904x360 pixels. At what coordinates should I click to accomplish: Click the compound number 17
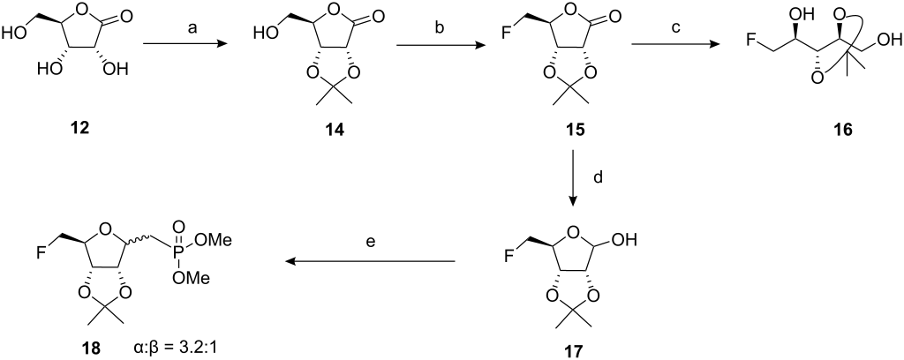[x=573, y=349]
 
